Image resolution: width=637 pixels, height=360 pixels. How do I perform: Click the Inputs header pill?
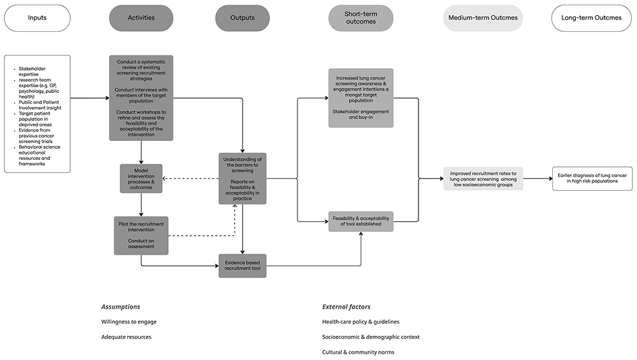click(x=38, y=18)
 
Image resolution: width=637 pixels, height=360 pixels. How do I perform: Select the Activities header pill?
click(x=141, y=18)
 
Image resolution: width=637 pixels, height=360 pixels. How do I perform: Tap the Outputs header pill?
click(x=243, y=18)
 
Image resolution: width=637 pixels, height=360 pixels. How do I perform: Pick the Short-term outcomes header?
click(x=361, y=18)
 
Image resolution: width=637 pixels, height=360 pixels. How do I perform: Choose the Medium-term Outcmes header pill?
click(x=483, y=18)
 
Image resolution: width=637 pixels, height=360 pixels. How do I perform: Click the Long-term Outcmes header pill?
click(x=592, y=18)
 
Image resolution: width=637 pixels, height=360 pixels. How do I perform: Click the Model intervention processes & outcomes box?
click(x=141, y=178)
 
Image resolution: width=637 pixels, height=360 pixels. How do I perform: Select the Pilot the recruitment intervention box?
click(x=141, y=236)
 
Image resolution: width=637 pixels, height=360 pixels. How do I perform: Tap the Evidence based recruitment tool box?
click(x=243, y=266)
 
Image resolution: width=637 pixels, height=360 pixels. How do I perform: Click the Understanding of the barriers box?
click(x=243, y=178)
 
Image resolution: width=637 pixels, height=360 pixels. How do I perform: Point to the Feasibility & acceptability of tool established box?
click(x=361, y=222)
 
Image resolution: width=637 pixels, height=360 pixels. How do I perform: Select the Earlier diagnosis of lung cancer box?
click(x=592, y=178)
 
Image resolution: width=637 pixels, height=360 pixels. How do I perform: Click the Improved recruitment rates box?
click(x=483, y=178)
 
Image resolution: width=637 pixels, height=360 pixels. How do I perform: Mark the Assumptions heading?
click(x=120, y=306)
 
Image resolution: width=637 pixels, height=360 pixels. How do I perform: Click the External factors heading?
click(x=347, y=306)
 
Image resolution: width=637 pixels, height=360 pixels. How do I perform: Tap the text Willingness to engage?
click(x=129, y=322)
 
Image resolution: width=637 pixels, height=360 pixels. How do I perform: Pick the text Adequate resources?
click(x=126, y=337)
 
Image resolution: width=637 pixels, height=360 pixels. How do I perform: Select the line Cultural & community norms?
click(x=358, y=352)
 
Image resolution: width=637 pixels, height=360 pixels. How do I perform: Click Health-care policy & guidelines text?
click(x=361, y=322)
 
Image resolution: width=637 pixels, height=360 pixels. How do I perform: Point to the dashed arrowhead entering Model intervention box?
click(x=164, y=178)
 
